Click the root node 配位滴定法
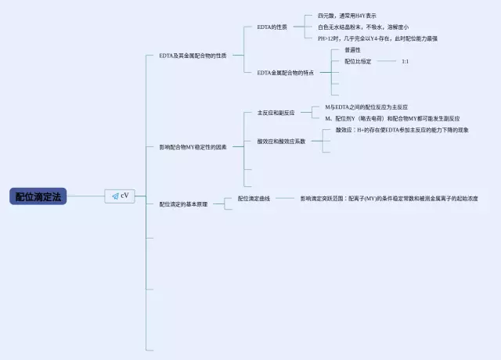pyautogui.click(x=38, y=196)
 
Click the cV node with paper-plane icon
pyautogui.click(x=120, y=196)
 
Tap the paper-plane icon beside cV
pyautogui.click(x=114, y=196)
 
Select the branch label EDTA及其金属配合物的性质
pyautogui.click(x=193, y=56)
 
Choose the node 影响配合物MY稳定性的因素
pyautogui.click(x=193, y=147)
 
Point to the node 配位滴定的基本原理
pyautogui.click(x=183, y=204)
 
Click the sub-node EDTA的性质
pyautogui.click(x=272, y=27)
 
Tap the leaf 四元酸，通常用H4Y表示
pyautogui.click(x=347, y=15)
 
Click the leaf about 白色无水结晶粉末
pyautogui.click(x=362, y=27)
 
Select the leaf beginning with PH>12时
pyautogui.click(x=377, y=38)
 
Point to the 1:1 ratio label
pyautogui.click(x=405, y=61)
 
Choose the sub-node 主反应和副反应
pyautogui.click(x=276, y=113)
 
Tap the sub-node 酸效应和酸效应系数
pyautogui.click(x=281, y=142)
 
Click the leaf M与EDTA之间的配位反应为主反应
pyautogui.click(x=366, y=106)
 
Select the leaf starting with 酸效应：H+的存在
pyautogui.click(x=402, y=130)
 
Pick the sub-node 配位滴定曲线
pyautogui.click(x=254, y=199)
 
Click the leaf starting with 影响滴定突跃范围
pyautogui.click(x=388, y=199)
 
